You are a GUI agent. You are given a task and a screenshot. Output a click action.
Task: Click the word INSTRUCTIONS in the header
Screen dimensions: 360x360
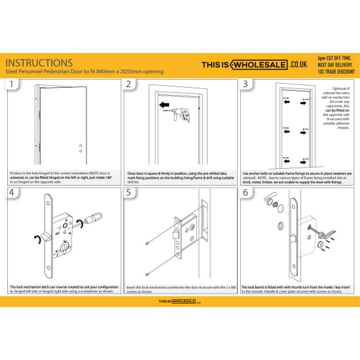(x=39, y=62)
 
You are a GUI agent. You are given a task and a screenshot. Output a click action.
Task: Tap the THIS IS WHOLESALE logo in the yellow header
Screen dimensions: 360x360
(x=252, y=65)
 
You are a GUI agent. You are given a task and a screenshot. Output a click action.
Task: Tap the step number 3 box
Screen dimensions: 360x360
(x=245, y=84)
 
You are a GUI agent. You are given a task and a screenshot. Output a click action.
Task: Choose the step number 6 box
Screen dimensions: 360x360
(x=245, y=192)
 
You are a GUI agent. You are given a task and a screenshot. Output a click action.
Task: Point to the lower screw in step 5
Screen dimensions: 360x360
(x=149, y=273)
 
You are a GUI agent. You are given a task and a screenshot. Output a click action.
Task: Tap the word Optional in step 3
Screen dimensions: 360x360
(x=339, y=88)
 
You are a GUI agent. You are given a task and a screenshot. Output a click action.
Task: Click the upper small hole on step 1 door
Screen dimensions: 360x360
(x=80, y=145)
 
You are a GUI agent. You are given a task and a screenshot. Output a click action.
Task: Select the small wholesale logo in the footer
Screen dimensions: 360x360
(x=179, y=303)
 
